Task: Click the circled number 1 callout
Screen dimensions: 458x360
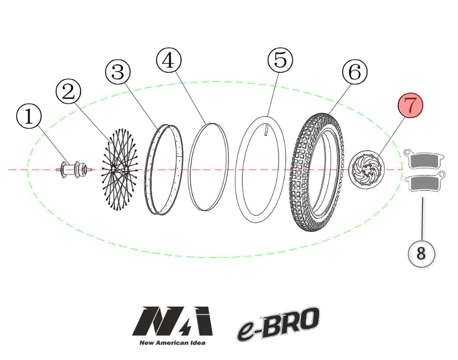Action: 29,116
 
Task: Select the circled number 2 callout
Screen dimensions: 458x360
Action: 68,91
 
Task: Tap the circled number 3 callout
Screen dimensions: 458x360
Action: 118,72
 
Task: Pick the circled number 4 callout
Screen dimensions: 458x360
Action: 169,60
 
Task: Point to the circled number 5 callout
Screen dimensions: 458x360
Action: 280,60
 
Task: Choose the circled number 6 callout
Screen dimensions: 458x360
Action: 355,72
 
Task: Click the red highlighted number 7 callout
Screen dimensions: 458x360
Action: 410,105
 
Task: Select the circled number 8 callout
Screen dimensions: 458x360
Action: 421,254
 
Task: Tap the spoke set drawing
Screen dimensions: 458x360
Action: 119,169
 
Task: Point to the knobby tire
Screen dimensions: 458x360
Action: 317,172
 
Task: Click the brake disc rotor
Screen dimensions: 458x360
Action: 367,170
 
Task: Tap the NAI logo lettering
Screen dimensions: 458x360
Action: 172,321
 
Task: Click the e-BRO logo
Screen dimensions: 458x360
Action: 278,324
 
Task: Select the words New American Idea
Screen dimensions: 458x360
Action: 172,343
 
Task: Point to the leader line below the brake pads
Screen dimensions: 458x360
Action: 422,219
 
